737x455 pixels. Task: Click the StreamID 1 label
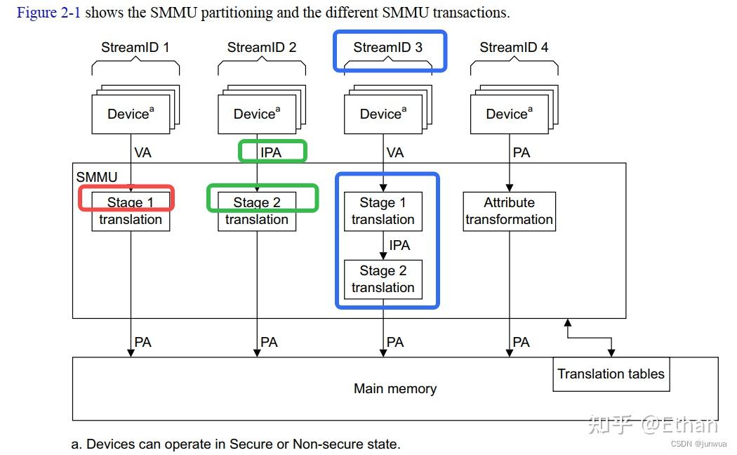click(x=135, y=48)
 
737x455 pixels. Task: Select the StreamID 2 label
click(x=262, y=48)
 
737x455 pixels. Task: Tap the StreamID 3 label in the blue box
click(x=388, y=48)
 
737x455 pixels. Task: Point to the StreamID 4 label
click(x=514, y=48)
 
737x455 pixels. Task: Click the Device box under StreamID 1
click(x=131, y=114)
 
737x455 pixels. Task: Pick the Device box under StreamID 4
click(x=509, y=114)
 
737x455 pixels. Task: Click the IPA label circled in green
click(x=271, y=152)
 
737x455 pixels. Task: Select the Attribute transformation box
click(x=509, y=211)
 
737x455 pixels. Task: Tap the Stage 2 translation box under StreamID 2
click(x=257, y=211)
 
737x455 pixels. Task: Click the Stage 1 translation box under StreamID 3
click(x=383, y=211)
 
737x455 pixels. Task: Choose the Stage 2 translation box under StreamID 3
click(x=383, y=279)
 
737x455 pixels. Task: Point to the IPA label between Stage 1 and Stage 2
click(x=399, y=246)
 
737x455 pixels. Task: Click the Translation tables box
click(x=611, y=374)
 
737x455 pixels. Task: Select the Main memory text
click(x=395, y=389)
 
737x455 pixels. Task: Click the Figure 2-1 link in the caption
click(x=48, y=13)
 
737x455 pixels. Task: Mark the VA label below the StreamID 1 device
click(x=142, y=152)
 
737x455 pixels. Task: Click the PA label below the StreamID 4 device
click(x=522, y=152)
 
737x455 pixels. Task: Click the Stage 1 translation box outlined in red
click(x=131, y=211)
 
